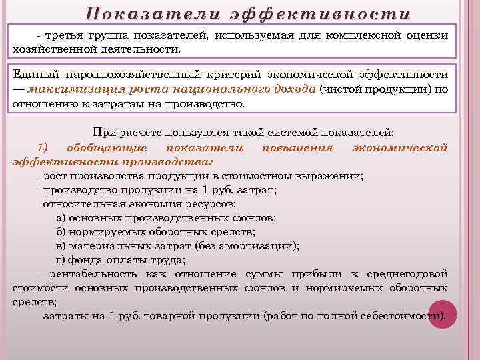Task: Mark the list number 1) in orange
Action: [43, 147]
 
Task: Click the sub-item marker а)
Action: [61, 217]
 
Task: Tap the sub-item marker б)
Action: [61, 231]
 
